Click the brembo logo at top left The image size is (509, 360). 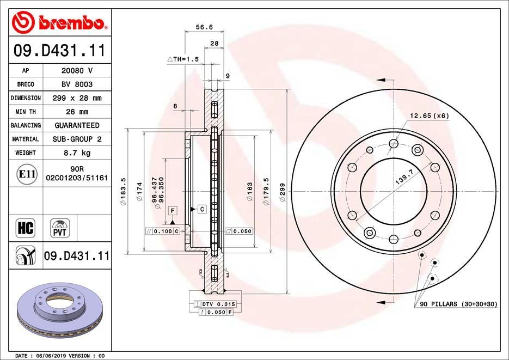pyautogui.click(x=58, y=22)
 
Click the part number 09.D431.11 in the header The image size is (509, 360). pyautogui.click(x=59, y=51)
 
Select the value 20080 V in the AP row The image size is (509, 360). pyautogui.click(x=77, y=71)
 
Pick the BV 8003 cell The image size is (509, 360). pyautogui.click(x=77, y=84)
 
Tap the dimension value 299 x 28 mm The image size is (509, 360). pyautogui.click(x=77, y=98)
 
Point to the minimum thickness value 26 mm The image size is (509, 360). pyautogui.click(x=77, y=112)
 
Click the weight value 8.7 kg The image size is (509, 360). pyautogui.click(x=77, y=153)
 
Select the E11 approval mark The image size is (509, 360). pyautogui.click(x=27, y=174)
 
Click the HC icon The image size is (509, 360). pyautogui.click(x=26, y=228)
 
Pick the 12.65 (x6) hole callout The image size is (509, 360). pyautogui.click(x=430, y=115)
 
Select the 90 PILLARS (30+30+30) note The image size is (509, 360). pyautogui.click(x=458, y=303)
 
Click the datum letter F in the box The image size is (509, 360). pyautogui.click(x=172, y=210)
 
